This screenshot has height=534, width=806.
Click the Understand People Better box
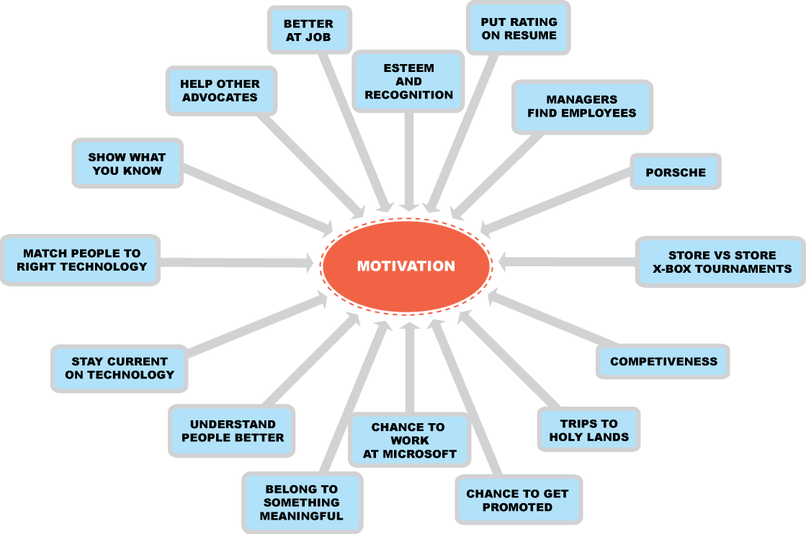pos(233,430)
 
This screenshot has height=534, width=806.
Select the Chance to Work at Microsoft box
pos(409,440)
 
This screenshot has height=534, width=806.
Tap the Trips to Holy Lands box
pos(588,430)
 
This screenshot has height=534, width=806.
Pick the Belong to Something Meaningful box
pos(301,502)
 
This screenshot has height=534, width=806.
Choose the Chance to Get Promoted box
pos(517,500)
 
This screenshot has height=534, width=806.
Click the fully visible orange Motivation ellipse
pos(406,266)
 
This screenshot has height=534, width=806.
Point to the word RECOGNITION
pos(408,95)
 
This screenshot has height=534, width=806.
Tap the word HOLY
pos(567,437)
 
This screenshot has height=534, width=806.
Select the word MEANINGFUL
pos(301,516)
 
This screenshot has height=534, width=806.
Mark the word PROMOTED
pos(517,507)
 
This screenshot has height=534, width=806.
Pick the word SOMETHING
pos(301,502)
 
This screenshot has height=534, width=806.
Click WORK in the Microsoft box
pos(409,440)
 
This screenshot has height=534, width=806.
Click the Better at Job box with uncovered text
pos(309,30)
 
